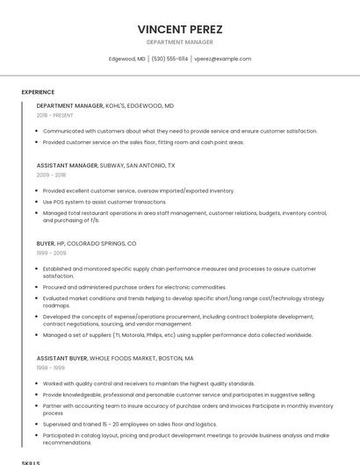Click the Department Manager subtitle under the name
point(179,42)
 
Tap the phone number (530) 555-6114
point(169,59)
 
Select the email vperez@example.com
point(222,59)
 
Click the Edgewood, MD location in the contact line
point(126,59)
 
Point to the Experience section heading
point(38,92)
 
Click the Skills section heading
point(31,461)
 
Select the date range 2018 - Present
point(54,115)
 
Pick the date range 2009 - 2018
point(51,175)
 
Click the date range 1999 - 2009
point(51,253)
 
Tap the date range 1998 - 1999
point(51,368)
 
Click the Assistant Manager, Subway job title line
point(105,165)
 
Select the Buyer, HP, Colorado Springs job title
point(86,243)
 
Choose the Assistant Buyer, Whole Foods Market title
point(115,359)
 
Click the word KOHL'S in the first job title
point(118,105)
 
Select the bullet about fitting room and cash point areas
point(143,142)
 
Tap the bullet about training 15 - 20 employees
point(129,423)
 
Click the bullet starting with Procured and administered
point(134,287)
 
